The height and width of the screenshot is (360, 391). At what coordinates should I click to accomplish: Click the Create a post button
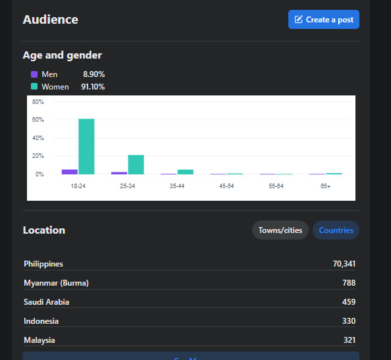(x=324, y=20)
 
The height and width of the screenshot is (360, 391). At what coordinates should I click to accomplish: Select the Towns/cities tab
(x=280, y=230)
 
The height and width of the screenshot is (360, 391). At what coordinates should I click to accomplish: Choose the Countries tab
(x=336, y=230)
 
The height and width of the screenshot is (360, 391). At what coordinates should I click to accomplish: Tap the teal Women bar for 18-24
(x=86, y=147)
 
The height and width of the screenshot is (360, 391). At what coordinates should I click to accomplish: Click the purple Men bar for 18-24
(x=70, y=172)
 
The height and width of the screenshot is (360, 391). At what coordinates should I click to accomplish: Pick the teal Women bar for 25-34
(x=136, y=165)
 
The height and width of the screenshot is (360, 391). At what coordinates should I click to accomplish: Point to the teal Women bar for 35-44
(x=186, y=172)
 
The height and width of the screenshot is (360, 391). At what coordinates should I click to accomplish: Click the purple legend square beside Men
(x=34, y=74)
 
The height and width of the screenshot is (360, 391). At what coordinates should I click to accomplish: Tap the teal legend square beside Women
(x=34, y=86)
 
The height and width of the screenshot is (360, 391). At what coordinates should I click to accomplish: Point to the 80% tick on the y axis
(x=38, y=102)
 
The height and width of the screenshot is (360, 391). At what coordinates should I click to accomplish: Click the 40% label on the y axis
(x=38, y=138)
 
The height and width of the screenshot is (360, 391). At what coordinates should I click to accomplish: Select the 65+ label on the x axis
(x=325, y=186)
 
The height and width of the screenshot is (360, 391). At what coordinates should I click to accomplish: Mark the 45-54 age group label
(x=226, y=186)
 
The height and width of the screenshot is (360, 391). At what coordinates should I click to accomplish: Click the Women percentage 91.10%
(x=93, y=87)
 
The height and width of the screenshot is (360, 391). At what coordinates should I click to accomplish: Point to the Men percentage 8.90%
(x=93, y=74)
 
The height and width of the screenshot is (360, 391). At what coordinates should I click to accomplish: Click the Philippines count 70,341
(x=344, y=264)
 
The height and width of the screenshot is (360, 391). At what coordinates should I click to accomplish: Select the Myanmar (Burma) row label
(x=56, y=283)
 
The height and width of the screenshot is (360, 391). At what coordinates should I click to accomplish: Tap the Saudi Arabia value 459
(x=349, y=302)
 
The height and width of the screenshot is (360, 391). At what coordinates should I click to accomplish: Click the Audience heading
(x=51, y=20)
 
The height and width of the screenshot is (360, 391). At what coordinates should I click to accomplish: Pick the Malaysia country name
(x=39, y=340)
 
